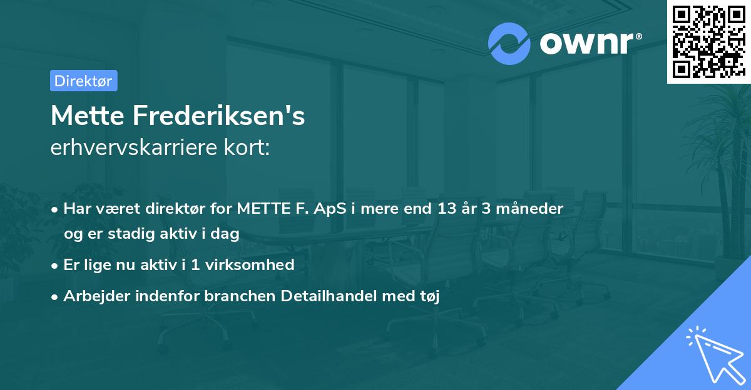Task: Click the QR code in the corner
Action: (708, 42)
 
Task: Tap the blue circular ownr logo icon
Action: (509, 43)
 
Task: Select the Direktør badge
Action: (83, 81)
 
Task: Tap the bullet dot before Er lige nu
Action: (56, 265)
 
